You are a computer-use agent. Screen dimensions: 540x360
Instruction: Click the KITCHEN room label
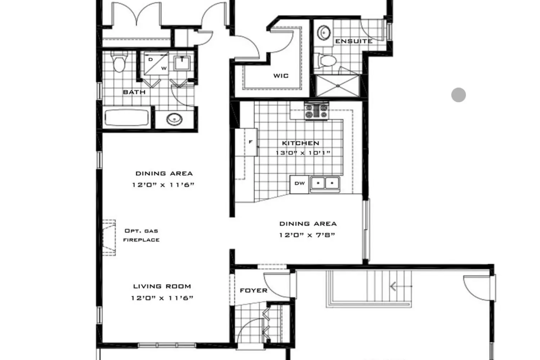point(301,143)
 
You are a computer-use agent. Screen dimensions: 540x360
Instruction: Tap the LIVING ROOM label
point(162,287)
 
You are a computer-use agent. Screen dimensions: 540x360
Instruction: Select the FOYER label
point(253,291)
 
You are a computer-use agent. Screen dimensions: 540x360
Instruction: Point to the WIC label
point(281,76)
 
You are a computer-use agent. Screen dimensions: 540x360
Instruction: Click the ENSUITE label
point(354,41)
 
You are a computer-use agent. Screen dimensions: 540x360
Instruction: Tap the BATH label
point(134,92)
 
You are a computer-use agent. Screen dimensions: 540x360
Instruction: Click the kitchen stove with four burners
point(316,111)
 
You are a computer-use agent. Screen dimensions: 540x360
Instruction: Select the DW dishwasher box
point(300,184)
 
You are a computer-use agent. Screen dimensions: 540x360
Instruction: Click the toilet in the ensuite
point(327,60)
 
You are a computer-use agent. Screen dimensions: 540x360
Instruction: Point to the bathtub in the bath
point(127,118)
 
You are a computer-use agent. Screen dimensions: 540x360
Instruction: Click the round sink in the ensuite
point(324,32)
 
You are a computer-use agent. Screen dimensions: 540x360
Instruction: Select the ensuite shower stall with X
point(338,86)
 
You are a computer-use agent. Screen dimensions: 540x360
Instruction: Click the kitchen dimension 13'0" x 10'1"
point(303,153)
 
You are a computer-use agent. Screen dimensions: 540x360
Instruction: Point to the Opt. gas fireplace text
point(141,235)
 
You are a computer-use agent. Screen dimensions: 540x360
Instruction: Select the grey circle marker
point(459,95)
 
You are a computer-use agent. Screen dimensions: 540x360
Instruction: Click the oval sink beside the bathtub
point(175,119)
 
